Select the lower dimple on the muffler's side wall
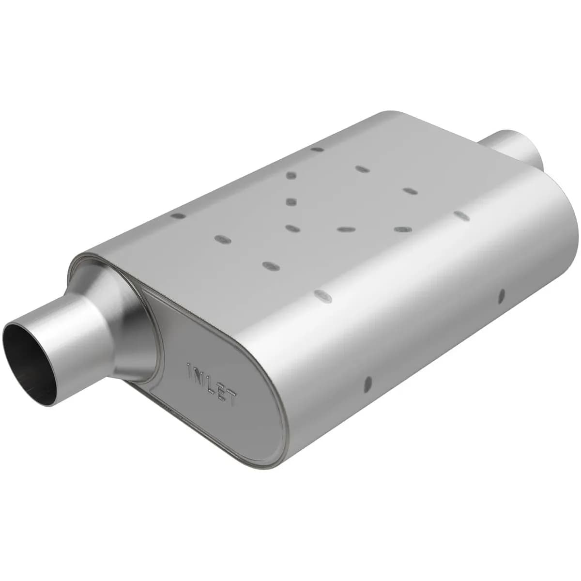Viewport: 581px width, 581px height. tap(368, 383)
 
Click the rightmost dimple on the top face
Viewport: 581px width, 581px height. tap(461, 215)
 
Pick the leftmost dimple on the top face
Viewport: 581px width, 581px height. tap(178, 216)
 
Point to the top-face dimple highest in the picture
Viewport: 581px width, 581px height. tap(317, 149)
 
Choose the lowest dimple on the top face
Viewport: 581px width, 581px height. tap(322, 296)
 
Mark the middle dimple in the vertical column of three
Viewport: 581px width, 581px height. tap(291, 201)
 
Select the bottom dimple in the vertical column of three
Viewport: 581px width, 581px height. tap(291, 228)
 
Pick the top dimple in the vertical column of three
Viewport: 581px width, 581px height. tap(291, 175)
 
